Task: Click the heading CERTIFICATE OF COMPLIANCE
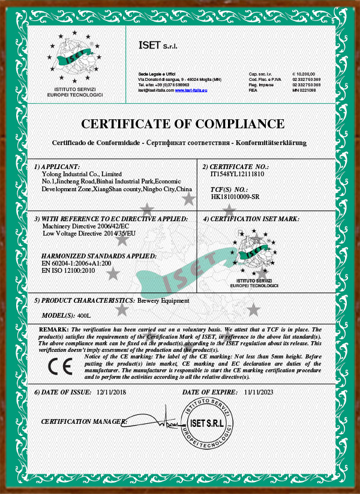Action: tap(182, 124)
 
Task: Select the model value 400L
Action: tap(86, 315)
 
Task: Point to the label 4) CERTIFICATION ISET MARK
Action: tap(251, 219)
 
